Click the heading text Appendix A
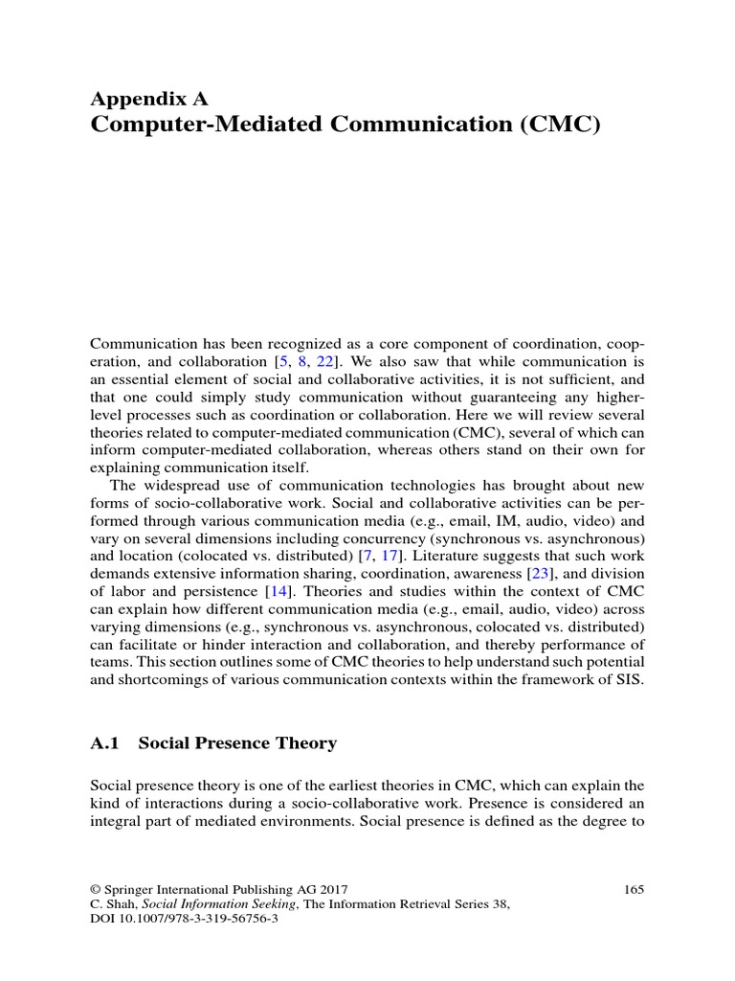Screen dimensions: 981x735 148,98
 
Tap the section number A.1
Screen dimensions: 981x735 106,743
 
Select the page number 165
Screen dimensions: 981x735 634,890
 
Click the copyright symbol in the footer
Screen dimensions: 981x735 96,890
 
